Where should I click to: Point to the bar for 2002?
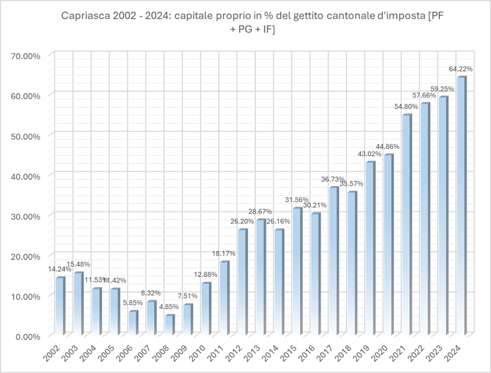coord(60,306)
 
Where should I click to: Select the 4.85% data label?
coord(170,307)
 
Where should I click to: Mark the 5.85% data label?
coord(133,303)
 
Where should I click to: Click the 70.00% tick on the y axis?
coord(26,56)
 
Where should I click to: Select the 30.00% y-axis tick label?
coord(26,216)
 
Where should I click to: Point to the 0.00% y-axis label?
coord(27,336)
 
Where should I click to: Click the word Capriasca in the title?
coord(85,16)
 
